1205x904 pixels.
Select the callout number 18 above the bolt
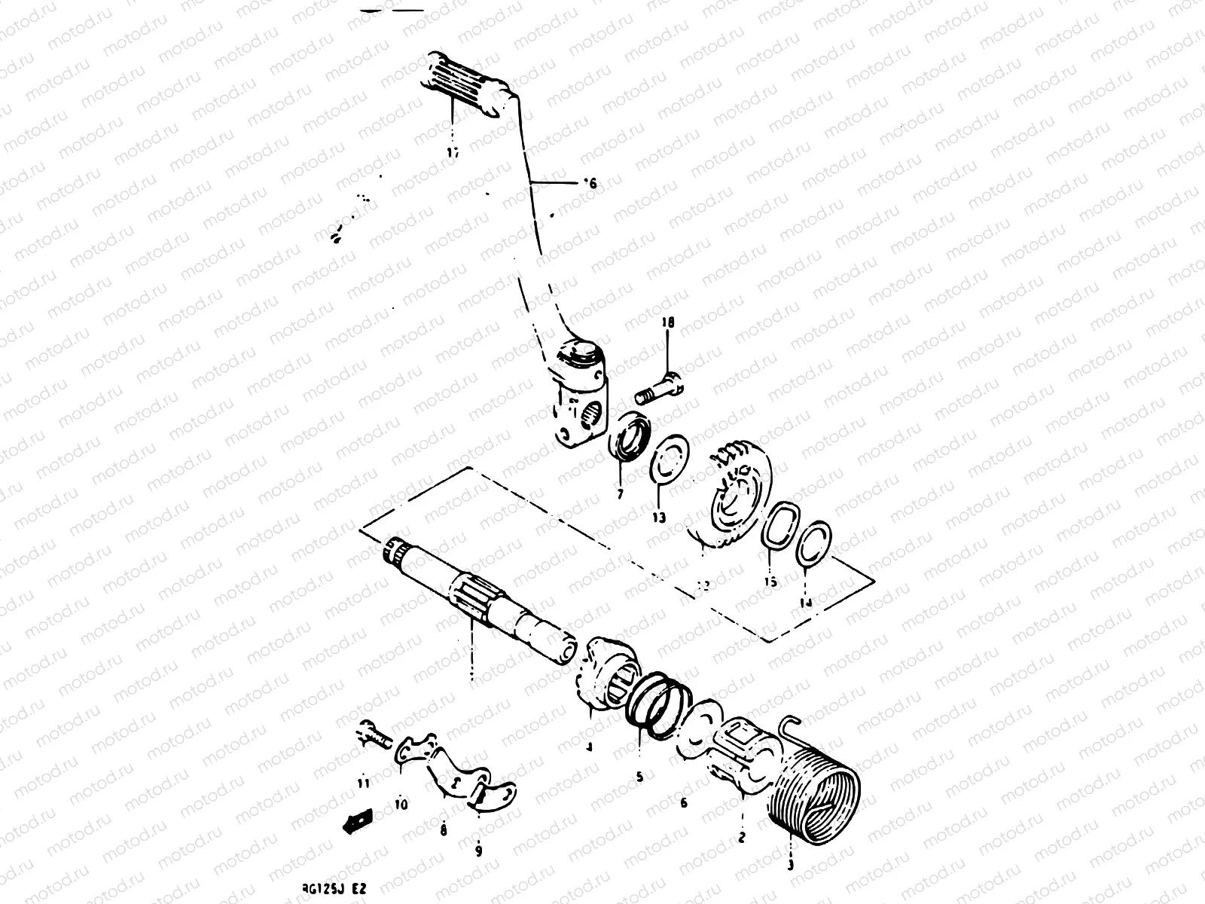coord(668,323)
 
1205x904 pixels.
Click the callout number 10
coord(401,805)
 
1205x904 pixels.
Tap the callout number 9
coord(478,852)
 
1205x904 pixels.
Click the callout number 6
coord(683,804)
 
